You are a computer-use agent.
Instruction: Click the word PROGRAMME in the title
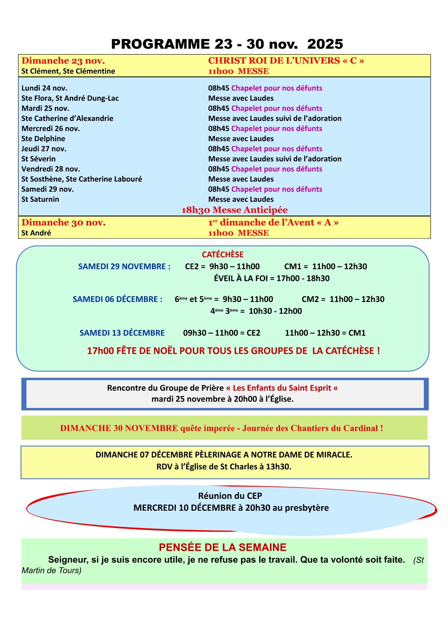click(160, 44)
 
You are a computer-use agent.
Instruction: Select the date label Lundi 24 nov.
click(44, 88)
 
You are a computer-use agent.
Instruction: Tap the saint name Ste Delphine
click(43, 139)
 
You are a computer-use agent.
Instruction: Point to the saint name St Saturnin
click(40, 199)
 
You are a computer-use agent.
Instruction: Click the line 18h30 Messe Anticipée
click(234, 210)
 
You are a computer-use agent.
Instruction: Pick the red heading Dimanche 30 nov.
click(64, 223)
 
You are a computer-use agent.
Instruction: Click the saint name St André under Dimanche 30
click(36, 233)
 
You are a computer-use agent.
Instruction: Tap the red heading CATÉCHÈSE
click(223, 255)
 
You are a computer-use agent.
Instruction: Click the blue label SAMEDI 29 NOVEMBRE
click(124, 267)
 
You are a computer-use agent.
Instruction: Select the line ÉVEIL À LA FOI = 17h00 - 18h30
click(271, 278)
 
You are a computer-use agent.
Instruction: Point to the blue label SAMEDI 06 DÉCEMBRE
click(117, 299)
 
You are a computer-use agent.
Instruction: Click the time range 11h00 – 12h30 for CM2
click(357, 299)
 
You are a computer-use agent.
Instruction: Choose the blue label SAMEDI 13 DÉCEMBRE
click(122, 333)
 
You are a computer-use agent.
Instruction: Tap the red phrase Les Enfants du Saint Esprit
click(282, 388)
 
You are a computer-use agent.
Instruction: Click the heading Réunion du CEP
click(230, 496)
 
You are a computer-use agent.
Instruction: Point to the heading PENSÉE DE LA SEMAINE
click(223, 547)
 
